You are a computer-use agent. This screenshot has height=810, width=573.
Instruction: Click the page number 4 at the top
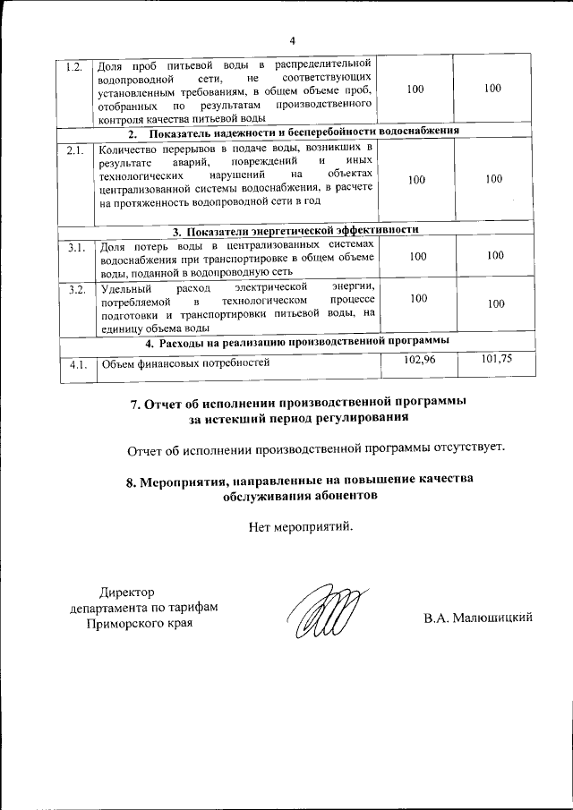tap(292, 38)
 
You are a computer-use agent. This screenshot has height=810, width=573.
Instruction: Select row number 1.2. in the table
tap(75, 67)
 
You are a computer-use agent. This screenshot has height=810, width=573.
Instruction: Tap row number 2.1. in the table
tap(75, 150)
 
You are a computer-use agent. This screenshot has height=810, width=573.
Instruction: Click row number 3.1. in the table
tap(75, 248)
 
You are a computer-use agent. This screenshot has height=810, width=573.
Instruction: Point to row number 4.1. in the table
tap(75, 364)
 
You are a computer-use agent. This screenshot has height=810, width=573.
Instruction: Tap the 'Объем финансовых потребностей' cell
tap(184, 364)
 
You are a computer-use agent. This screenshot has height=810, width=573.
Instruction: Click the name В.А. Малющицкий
tap(479, 618)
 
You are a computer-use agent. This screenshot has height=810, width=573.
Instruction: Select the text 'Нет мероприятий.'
tap(301, 525)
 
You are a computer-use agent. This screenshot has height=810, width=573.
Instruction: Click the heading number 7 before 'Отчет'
tap(137, 403)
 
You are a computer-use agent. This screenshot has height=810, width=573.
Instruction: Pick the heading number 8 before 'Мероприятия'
tap(131, 481)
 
